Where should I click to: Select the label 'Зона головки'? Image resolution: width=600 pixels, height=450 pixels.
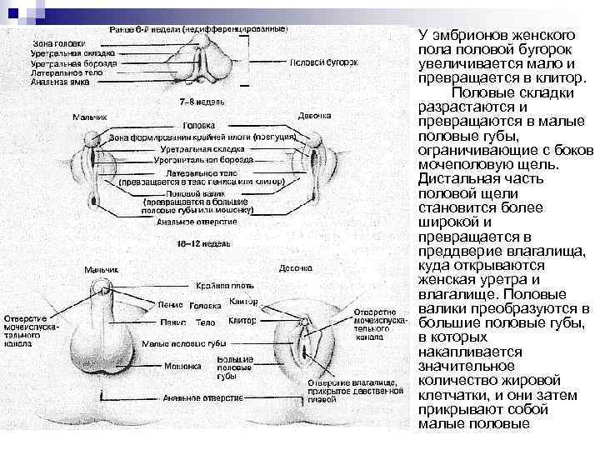coord(57,42)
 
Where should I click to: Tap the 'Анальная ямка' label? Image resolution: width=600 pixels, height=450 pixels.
coord(59,82)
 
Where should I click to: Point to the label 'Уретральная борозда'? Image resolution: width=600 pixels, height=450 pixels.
coord(74,62)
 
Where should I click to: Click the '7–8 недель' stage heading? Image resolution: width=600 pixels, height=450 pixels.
coord(200,101)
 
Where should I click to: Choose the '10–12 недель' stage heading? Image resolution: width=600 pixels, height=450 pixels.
coord(200,244)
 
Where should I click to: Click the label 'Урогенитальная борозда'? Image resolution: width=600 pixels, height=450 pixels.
coord(197,157)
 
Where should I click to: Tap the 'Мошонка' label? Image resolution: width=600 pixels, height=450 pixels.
coord(182,365)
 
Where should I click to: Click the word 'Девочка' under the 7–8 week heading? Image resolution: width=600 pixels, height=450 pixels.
coord(314,115)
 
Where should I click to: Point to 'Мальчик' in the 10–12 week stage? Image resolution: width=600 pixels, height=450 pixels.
coord(100,269)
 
